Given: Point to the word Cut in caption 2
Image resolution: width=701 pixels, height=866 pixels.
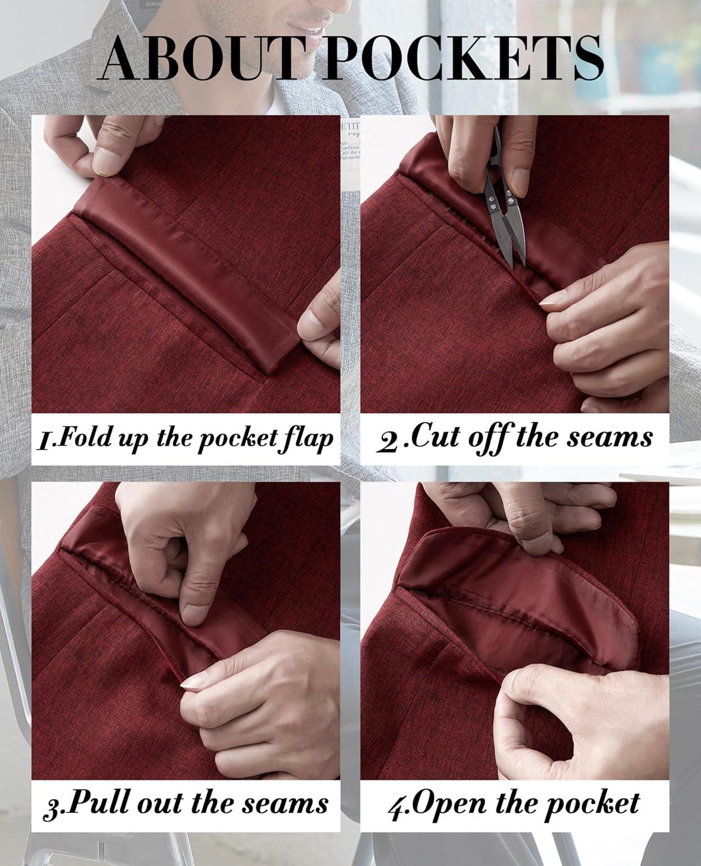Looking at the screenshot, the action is pos(432,436).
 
